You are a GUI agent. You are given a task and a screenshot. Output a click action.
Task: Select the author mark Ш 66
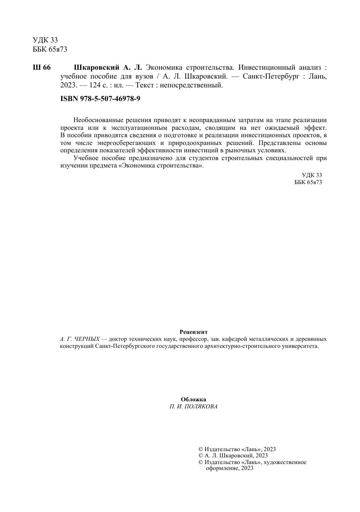[x=42, y=68]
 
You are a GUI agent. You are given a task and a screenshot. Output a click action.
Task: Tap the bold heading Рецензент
[x=193, y=332]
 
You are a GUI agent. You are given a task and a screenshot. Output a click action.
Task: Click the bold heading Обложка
[x=193, y=399]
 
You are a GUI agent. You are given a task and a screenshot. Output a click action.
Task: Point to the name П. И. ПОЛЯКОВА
[x=193, y=407]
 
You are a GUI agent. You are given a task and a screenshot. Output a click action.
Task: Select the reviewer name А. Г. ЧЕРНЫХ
[x=80, y=339]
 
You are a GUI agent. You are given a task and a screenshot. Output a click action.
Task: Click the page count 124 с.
[x=98, y=85]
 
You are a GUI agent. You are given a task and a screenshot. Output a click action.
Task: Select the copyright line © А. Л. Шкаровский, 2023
[x=233, y=456]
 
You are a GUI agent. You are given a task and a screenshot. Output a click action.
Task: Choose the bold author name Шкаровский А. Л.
[x=108, y=68]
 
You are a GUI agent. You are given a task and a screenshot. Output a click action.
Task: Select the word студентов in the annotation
[x=203, y=158]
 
